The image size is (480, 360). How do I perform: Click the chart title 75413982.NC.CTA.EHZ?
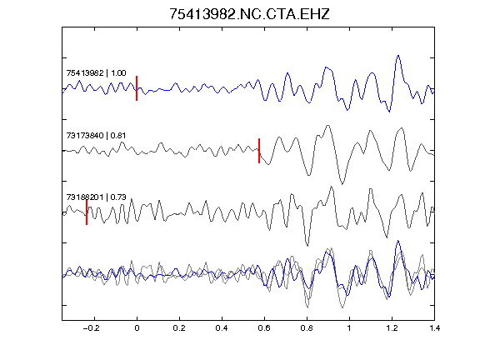pos(249,14)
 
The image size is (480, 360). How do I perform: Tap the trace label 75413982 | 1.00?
pos(96,73)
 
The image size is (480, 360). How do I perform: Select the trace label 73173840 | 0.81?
pos(96,135)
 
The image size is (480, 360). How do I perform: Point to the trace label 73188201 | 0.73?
pos(96,197)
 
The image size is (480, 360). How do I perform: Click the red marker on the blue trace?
pos(137,88)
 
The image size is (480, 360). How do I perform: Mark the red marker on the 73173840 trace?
pos(259,151)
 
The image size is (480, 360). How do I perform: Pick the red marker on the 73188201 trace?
pos(87,212)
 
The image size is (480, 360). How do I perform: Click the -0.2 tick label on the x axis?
pos(92,328)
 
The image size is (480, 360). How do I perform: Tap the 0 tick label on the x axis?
pos(137,328)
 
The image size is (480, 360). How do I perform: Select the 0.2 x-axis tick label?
pos(179,328)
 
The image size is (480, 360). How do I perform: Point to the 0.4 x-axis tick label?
pos(222,328)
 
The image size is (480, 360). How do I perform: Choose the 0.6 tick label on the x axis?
pos(264,328)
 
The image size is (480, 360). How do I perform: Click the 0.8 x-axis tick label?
pos(307,328)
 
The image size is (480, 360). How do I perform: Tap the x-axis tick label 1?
pos(349,328)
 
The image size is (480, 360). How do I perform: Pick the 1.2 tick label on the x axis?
pos(392,328)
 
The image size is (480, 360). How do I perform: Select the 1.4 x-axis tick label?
pos(434,328)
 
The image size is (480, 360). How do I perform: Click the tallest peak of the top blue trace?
pos(398,56)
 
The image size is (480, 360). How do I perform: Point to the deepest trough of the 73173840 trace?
pos(342,183)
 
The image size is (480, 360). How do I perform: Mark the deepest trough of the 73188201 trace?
pos(307,246)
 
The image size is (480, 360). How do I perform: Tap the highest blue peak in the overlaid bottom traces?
pos(398,241)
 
